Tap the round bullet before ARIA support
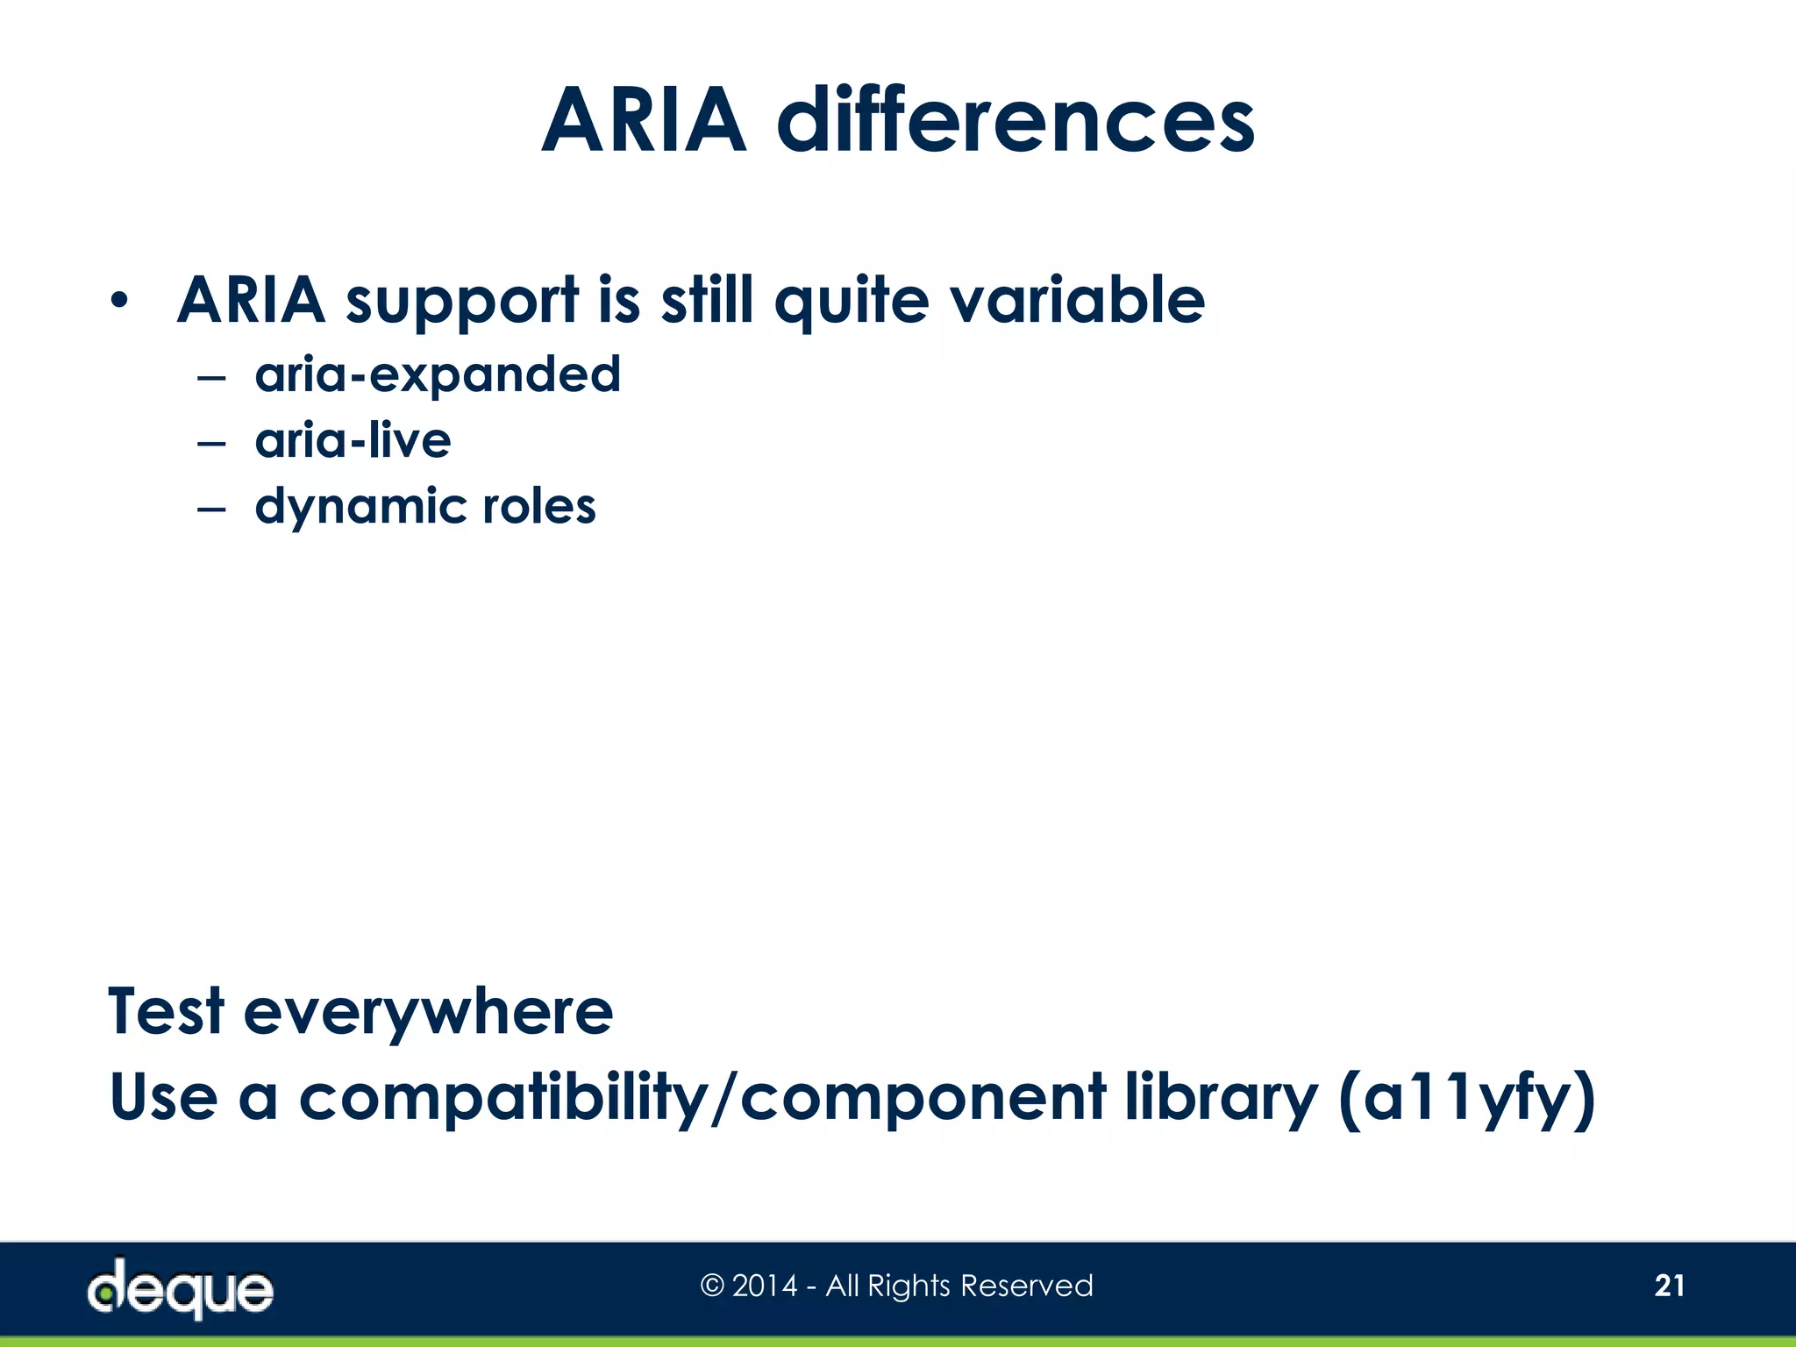[119, 302]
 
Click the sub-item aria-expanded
[438, 375]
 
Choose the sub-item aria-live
[353, 440]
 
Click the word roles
[538, 507]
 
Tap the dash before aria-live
[211, 444]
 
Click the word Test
[167, 1011]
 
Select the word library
[1221, 1098]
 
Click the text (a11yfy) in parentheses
[1466, 1098]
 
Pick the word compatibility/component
[702, 1098]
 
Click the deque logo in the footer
[181, 1288]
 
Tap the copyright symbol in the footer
[712, 1286]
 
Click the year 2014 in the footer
[765, 1286]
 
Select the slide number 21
[1669, 1286]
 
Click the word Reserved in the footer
[1027, 1286]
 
